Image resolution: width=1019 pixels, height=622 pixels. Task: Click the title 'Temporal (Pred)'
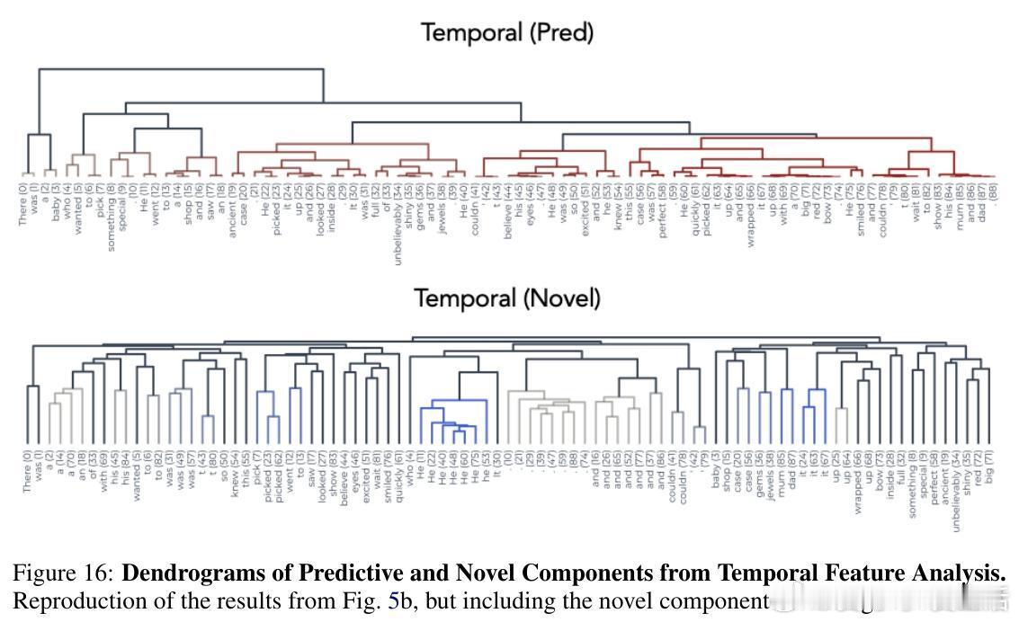coord(508,33)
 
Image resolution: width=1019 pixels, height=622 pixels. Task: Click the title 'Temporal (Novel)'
coord(506,298)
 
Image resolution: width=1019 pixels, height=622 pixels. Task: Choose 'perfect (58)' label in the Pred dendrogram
coord(661,208)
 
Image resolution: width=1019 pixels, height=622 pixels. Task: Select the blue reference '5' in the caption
coord(393,599)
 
